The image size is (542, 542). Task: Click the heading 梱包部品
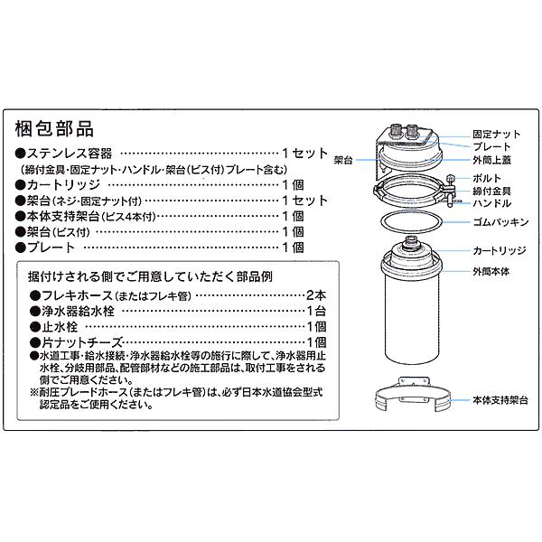[54, 129]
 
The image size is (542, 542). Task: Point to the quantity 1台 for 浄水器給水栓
[316, 311]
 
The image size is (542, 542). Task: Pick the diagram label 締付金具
[491, 191]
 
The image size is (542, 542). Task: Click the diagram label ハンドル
[490, 203]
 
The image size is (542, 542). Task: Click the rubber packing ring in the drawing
[409, 222]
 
